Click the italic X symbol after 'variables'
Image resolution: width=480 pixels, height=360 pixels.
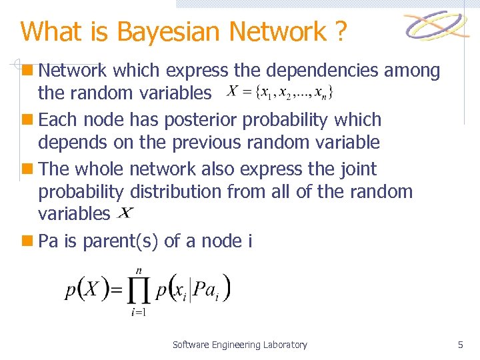pos(125,213)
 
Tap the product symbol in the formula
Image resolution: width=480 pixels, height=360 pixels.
pos(139,289)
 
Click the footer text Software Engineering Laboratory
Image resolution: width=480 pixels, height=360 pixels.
pos(240,345)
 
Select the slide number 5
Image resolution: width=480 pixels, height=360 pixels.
pos(460,345)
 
